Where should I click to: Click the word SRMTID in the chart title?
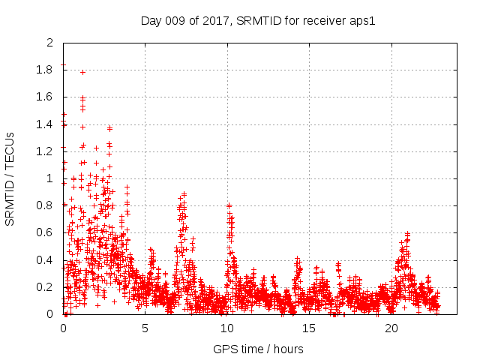click(x=260, y=20)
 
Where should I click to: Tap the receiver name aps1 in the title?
click(x=361, y=20)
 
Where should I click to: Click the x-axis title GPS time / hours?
click(x=258, y=349)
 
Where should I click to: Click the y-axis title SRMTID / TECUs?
click(x=10, y=178)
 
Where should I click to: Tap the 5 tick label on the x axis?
click(x=145, y=328)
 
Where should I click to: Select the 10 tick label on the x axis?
click(x=227, y=328)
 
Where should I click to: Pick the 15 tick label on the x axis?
click(x=309, y=328)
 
